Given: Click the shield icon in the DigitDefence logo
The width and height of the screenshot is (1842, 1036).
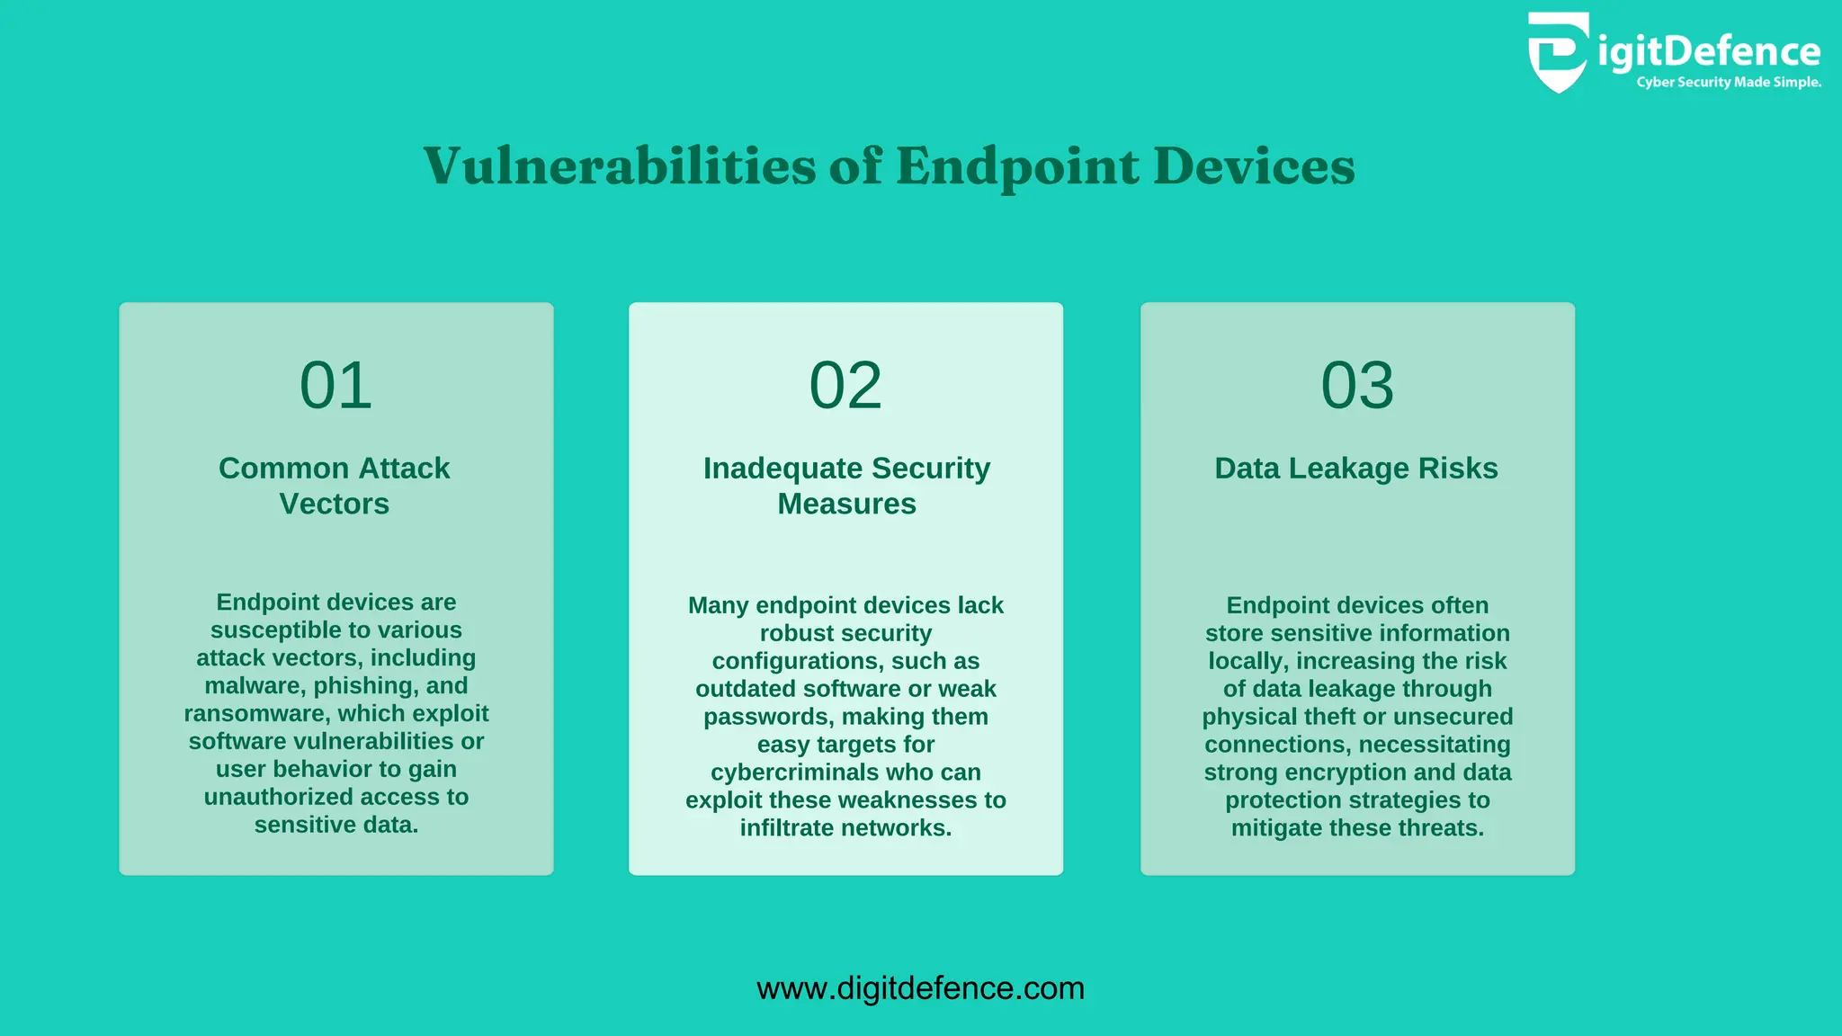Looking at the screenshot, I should (1558, 52).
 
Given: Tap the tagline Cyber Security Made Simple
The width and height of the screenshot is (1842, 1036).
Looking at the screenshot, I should (1729, 83).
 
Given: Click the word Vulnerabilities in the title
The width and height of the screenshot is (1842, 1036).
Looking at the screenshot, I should (620, 166).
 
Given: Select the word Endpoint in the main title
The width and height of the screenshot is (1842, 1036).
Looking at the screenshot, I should (1017, 166).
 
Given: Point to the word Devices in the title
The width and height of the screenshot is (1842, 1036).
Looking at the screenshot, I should (1254, 166).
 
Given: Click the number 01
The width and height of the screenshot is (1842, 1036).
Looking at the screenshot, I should (335, 386).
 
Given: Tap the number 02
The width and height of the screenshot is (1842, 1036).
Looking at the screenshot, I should (845, 386).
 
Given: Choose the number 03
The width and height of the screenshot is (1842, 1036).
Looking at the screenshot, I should (1357, 386).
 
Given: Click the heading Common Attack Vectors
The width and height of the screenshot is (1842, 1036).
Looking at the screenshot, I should (335, 486).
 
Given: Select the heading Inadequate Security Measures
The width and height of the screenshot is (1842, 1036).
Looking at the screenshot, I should (846, 486).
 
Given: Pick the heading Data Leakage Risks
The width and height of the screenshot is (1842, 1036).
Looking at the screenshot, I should (1356, 469).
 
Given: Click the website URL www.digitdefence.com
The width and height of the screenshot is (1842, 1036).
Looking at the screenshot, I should (920, 988).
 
